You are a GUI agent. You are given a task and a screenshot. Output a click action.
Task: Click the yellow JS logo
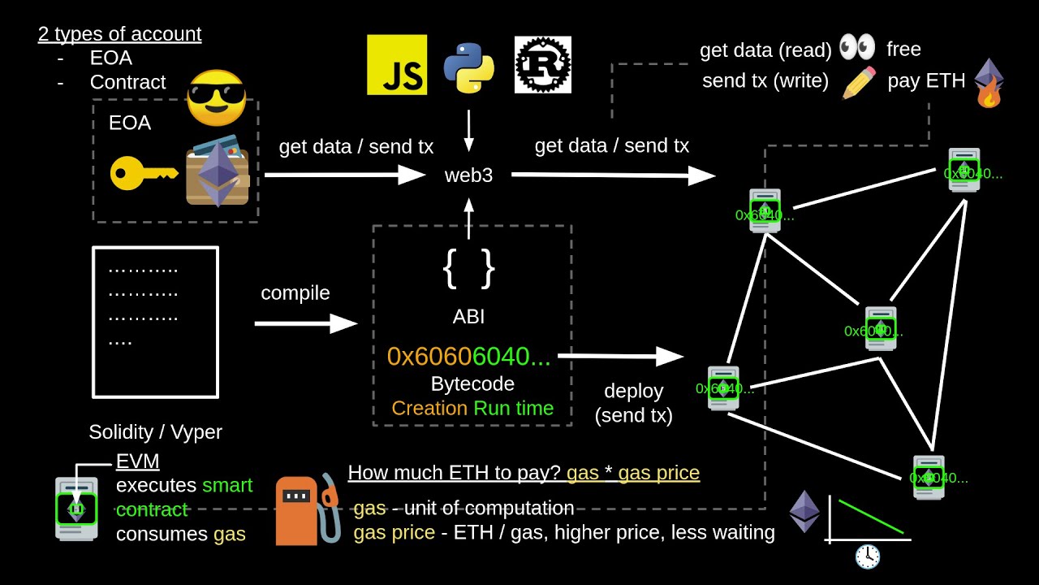(397, 65)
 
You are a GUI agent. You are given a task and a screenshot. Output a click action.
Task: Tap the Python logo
(468, 66)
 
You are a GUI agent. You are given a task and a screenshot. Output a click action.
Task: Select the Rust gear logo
(543, 65)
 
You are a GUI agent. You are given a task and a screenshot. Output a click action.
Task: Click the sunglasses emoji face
(216, 98)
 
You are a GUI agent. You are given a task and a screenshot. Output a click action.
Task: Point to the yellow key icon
(143, 173)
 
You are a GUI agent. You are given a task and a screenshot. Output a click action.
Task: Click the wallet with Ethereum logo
(218, 171)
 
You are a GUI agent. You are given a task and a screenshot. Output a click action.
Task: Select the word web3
(468, 175)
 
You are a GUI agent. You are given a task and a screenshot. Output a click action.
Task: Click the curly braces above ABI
(468, 268)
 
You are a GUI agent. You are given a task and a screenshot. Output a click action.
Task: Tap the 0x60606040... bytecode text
(468, 356)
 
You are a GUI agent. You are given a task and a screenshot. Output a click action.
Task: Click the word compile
(295, 292)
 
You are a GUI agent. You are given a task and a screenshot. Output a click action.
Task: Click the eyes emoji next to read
(857, 48)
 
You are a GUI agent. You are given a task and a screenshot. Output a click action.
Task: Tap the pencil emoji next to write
(859, 82)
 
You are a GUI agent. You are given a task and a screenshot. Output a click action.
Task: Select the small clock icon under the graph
(868, 557)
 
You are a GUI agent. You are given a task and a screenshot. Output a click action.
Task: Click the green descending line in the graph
(871, 517)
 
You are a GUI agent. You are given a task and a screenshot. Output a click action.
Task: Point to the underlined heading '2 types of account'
(119, 34)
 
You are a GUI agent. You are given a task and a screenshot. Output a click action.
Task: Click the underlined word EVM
(137, 461)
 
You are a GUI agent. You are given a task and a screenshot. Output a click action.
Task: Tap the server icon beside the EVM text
(75, 509)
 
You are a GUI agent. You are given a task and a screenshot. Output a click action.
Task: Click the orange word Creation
(429, 408)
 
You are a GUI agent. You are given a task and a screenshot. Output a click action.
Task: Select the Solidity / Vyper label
(155, 432)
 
